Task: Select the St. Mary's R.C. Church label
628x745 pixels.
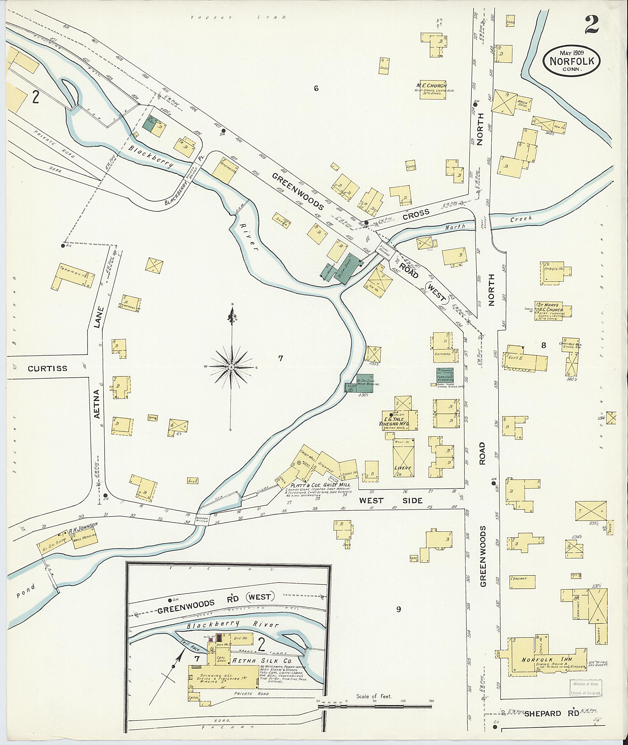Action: (x=550, y=307)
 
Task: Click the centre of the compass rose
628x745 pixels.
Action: (x=232, y=367)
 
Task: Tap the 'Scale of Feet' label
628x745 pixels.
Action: (x=374, y=696)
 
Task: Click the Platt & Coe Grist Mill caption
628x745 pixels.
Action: (x=321, y=485)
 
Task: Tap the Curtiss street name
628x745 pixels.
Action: (x=47, y=369)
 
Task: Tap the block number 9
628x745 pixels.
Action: (x=398, y=609)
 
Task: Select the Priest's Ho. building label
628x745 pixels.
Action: (x=554, y=268)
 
